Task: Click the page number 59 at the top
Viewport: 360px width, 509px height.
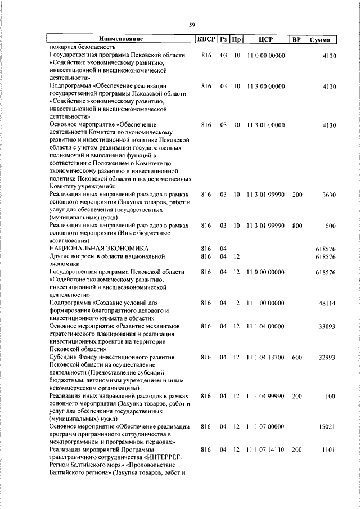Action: point(192,25)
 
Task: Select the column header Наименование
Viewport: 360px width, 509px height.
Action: point(121,39)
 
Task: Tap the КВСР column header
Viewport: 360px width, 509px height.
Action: point(206,39)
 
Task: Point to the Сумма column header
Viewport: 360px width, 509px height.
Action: point(323,39)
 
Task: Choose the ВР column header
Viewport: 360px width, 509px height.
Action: point(297,39)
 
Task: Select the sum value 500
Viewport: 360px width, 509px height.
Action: point(331,226)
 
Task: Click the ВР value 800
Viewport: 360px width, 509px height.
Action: point(297,226)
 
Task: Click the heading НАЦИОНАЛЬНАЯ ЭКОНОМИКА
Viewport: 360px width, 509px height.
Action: point(99,247)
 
